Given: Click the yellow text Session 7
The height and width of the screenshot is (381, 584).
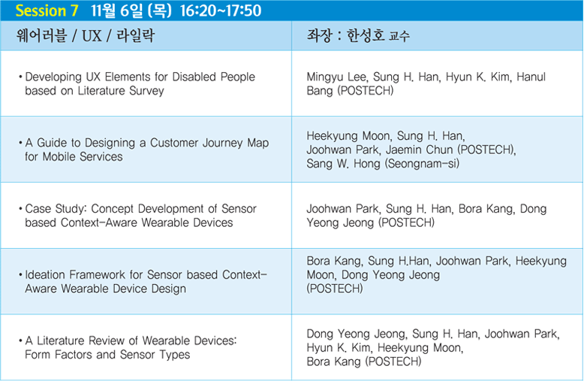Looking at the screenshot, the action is [47, 11].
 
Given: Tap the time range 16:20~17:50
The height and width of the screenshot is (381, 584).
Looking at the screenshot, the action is [221, 11].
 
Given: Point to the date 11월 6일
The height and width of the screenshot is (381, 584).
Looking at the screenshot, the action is [116, 11].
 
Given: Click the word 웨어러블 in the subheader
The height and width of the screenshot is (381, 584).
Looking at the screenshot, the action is [41, 36].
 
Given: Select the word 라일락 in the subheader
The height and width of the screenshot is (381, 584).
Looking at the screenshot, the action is [136, 36].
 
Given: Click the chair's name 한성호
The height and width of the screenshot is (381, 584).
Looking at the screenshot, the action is [366, 36].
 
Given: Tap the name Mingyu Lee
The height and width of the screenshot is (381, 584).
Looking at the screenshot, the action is [338, 77].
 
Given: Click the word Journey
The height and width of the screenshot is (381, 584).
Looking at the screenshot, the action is [219, 143].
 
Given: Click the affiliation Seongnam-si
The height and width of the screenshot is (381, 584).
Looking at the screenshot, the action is [422, 164].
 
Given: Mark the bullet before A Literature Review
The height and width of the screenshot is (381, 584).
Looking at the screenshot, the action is [20, 340].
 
